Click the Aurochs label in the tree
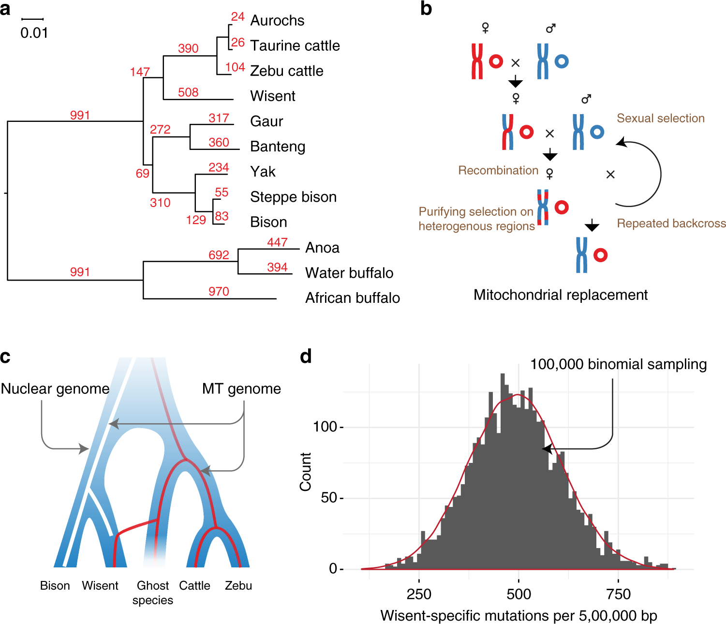277,20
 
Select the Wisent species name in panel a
272,96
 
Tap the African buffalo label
352,297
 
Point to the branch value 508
188,92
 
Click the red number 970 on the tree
219,291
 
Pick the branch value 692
219,255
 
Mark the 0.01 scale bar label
34,33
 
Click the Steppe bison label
293,197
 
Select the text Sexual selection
660,118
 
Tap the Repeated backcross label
671,223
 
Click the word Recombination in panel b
498,170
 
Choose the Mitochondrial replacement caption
560,295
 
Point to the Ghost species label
153,593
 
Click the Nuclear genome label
55,388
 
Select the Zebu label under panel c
238,585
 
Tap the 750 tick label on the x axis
618,594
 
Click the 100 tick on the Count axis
325,427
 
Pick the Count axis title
305,472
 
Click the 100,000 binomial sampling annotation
618,364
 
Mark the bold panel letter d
306,357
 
